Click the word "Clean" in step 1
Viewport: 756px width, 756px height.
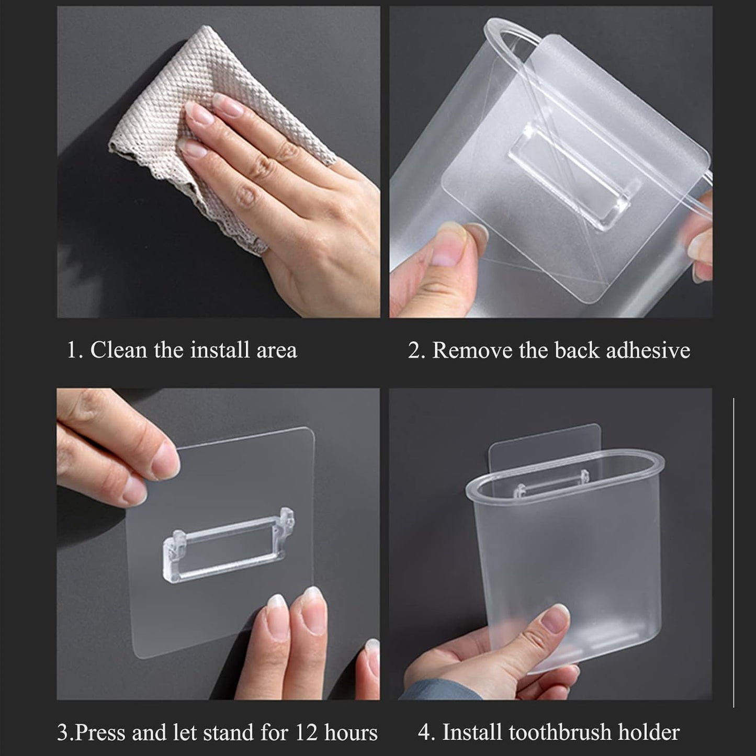[119, 349]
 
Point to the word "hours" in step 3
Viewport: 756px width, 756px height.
[351, 732]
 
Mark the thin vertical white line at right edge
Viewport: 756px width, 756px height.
[734, 549]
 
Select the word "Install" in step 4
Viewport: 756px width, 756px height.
[474, 732]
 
